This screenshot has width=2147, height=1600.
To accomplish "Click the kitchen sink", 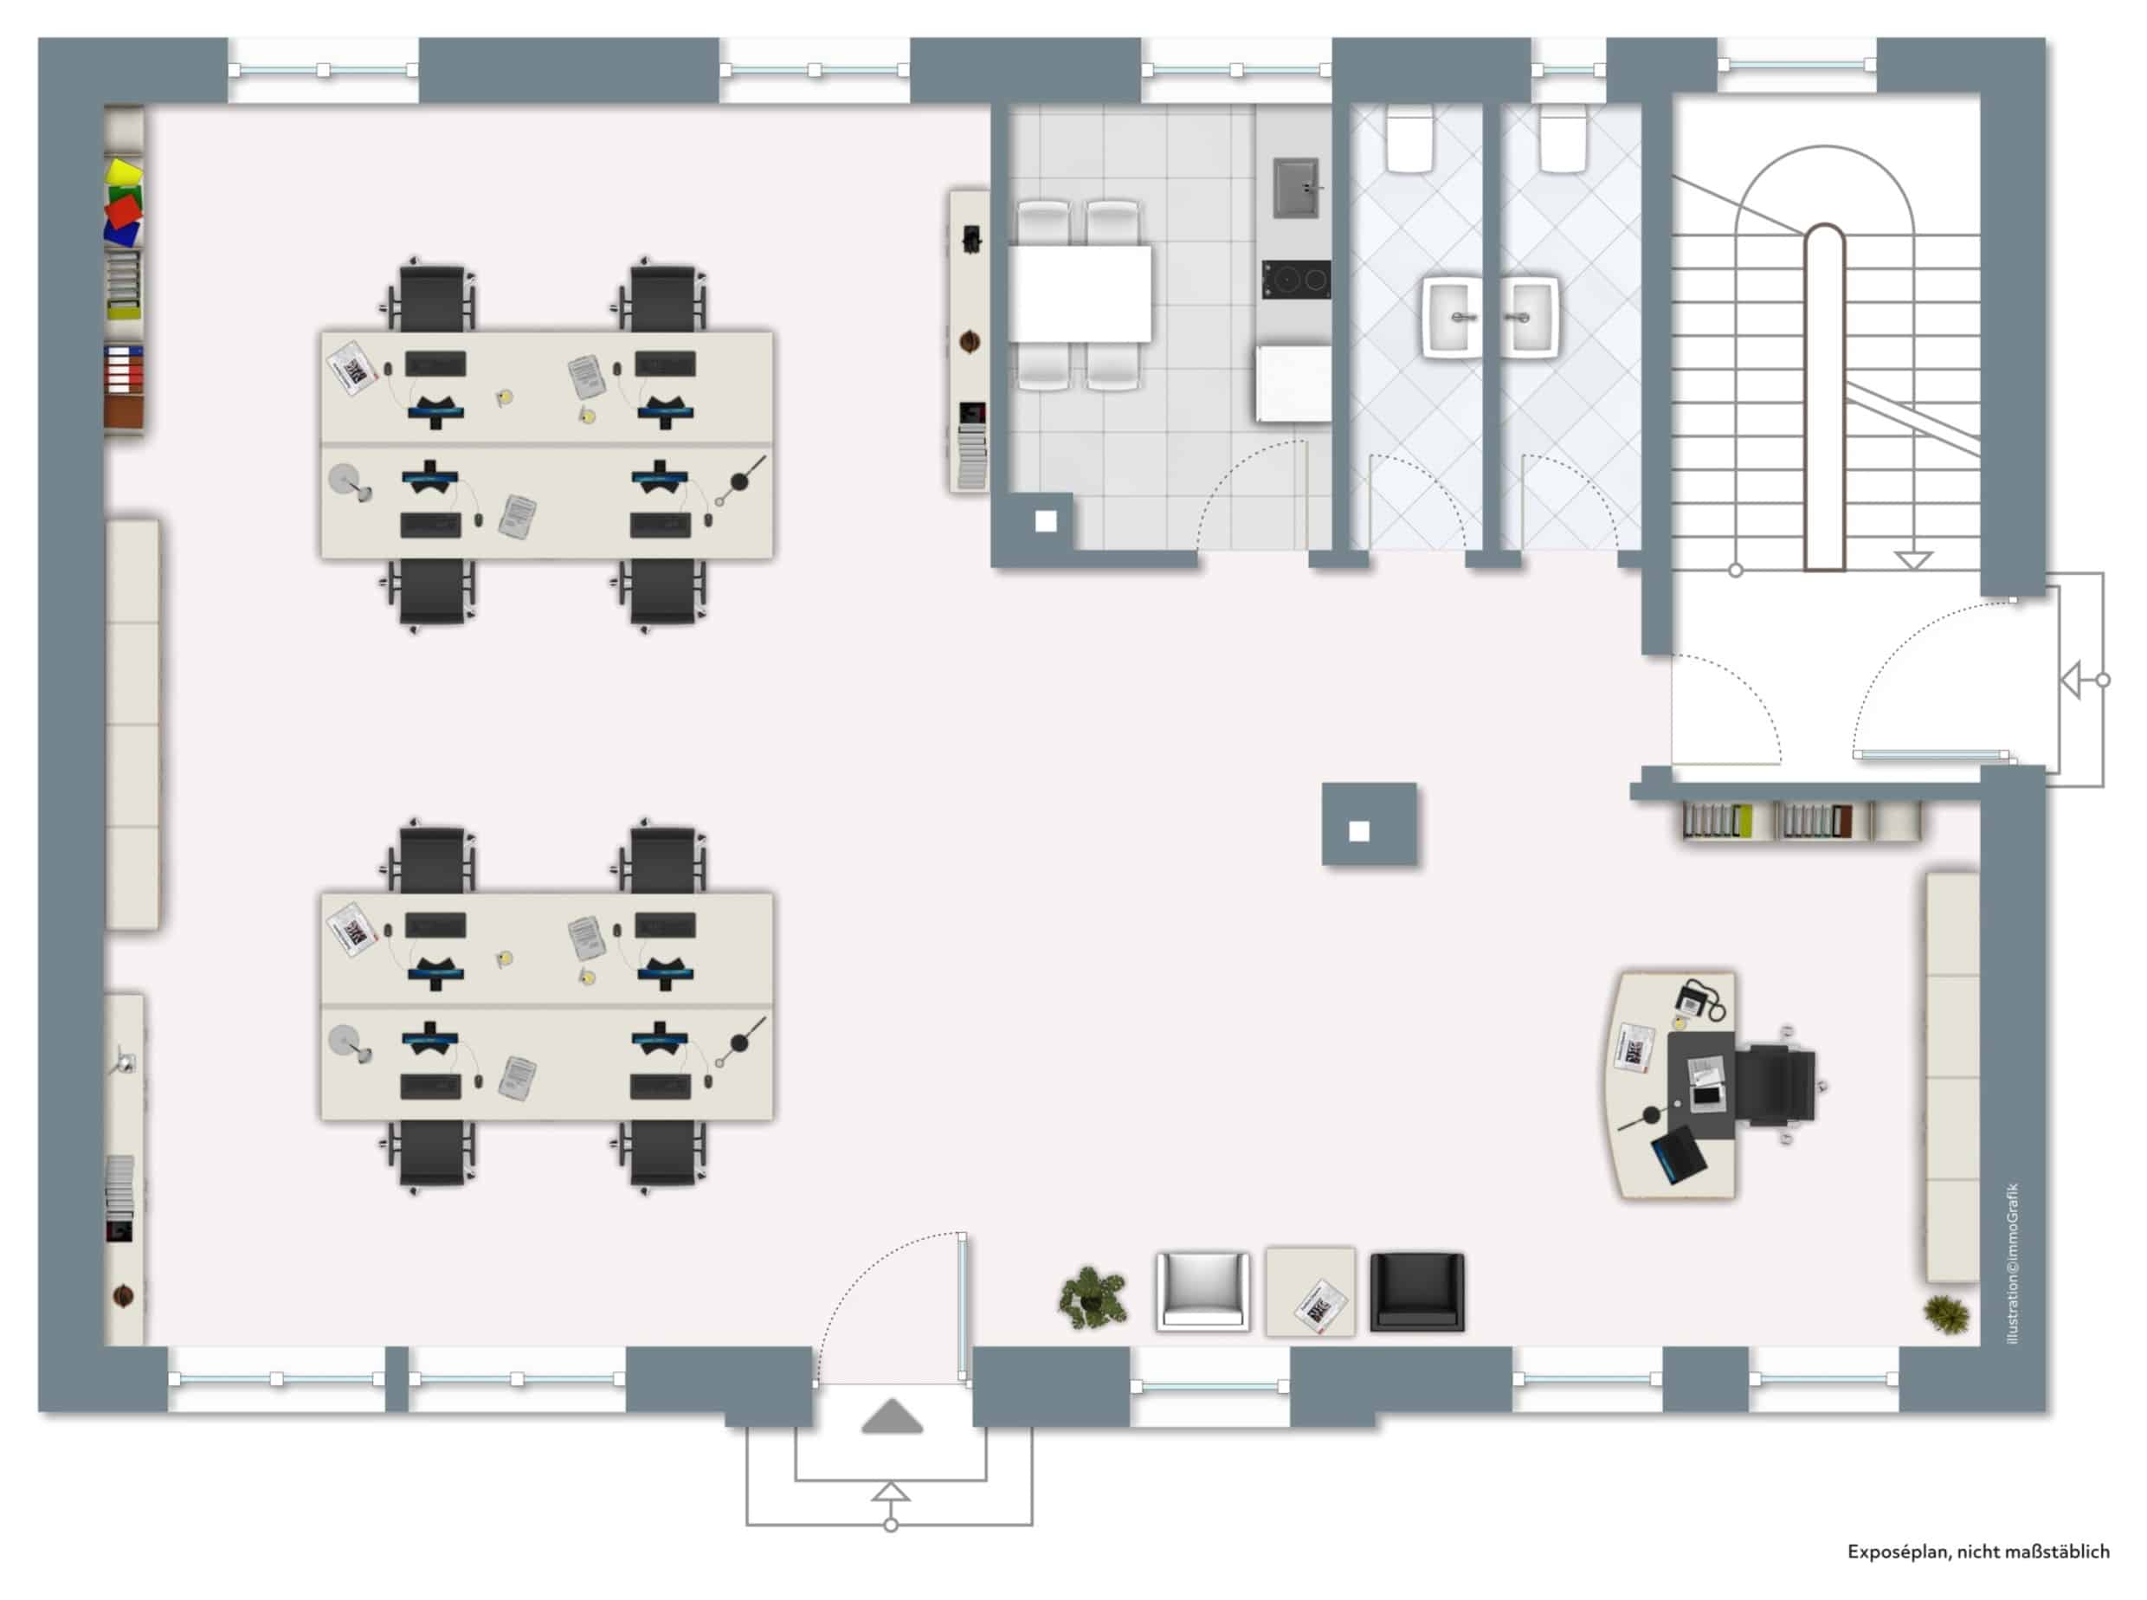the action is pos(1295,188).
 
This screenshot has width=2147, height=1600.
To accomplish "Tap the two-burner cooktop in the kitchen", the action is pos(1295,279).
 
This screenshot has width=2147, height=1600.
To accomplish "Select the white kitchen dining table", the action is pos(1080,294).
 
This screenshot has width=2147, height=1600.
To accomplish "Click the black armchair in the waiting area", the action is pos(1417,1291).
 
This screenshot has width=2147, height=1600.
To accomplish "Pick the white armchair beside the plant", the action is pos(1202,1291).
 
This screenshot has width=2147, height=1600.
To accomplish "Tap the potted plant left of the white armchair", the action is pos(1093,1297).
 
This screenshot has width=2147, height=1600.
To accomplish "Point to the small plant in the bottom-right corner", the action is pos(1945,1314).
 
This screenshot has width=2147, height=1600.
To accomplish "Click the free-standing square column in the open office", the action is pos(1370,824).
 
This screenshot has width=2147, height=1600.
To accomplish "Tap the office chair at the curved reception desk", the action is pos(1777,1086).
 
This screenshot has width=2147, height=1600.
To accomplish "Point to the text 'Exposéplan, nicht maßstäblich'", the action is pos(1977,1552).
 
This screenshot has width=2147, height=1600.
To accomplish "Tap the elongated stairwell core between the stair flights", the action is pos(1824,397).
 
